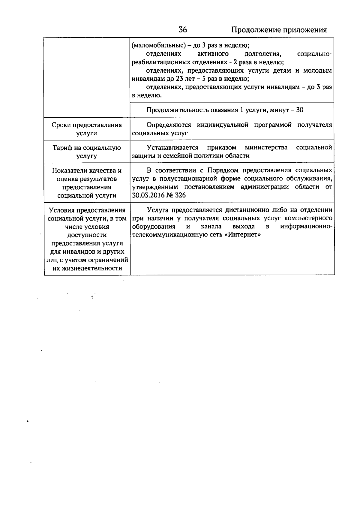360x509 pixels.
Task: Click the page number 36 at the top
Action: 183,30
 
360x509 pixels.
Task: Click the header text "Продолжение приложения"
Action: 279,30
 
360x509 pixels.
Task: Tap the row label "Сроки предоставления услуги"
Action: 87,129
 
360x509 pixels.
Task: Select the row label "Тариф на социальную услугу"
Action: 87,152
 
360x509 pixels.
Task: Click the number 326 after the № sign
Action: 180,195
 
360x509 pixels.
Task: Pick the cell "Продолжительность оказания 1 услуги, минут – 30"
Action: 225,110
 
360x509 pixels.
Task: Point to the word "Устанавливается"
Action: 172,148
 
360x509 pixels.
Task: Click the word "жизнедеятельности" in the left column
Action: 87,268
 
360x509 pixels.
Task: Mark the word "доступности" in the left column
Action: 87,235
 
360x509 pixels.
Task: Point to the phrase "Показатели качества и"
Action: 87,171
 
